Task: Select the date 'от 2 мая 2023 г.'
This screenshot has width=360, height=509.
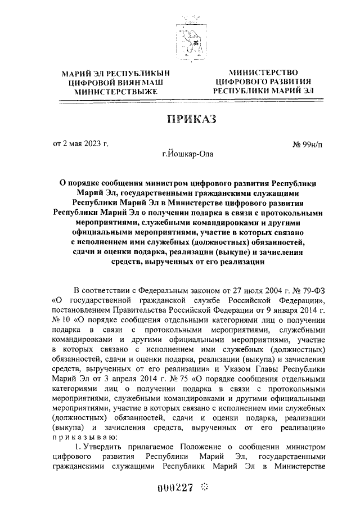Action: (x=81, y=145)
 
